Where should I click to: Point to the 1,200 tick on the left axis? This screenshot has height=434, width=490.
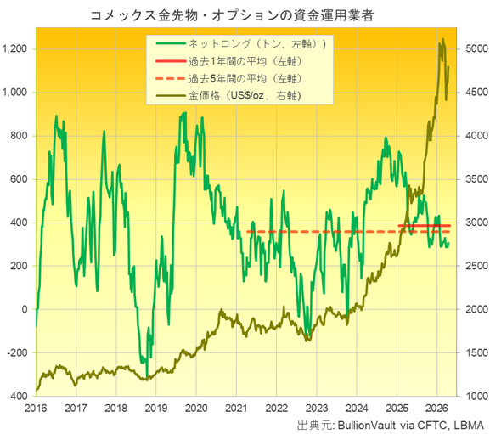pos(15,49)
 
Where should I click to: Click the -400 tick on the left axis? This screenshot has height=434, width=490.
pos(17,396)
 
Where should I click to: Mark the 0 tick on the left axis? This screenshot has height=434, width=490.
pos(25,309)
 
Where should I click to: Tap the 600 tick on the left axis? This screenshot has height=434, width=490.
pos(20,179)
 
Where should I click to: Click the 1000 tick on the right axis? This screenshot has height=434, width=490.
pos(471,396)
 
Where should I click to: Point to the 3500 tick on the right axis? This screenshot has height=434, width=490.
pos(471,179)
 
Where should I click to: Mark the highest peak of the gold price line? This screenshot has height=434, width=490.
pos(442,39)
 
